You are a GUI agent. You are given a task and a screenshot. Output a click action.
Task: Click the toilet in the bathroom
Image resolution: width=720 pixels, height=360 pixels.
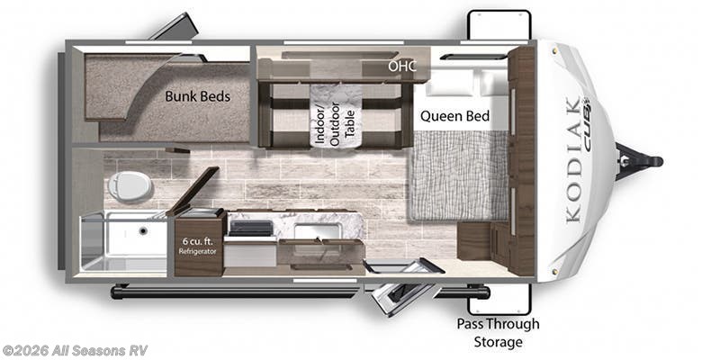tap(130, 187)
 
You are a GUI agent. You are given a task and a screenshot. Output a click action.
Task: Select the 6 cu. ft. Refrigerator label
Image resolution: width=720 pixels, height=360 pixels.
tap(198, 246)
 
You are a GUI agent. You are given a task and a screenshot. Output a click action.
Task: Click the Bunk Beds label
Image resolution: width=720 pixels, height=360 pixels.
tap(197, 96)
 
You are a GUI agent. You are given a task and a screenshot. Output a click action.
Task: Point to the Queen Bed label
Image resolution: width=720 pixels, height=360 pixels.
tap(455, 116)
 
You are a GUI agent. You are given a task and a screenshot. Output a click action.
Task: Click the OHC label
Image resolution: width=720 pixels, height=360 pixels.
tap(402, 66)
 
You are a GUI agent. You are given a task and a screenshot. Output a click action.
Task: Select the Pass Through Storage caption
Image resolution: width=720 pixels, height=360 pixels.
tap(499, 333)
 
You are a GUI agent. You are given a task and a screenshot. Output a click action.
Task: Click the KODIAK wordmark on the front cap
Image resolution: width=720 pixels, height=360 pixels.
tap(573, 160)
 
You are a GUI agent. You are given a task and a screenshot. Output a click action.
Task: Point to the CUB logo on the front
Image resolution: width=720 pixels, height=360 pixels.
tap(588, 123)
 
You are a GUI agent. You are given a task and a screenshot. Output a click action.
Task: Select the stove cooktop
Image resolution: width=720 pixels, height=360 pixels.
tap(251, 229)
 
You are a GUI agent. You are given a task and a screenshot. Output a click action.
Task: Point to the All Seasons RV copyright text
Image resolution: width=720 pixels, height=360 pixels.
tap(75, 351)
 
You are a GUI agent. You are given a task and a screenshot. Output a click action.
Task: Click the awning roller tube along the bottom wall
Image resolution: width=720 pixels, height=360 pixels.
tap(234, 292)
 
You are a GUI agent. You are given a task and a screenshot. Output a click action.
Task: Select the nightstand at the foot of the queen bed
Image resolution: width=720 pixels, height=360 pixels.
tap(474, 241)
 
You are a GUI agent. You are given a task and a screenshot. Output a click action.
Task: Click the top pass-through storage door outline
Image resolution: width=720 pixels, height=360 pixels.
tap(499, 25)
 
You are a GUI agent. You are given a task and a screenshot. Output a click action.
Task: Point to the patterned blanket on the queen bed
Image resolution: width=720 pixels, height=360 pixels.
tap(459, 175)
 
